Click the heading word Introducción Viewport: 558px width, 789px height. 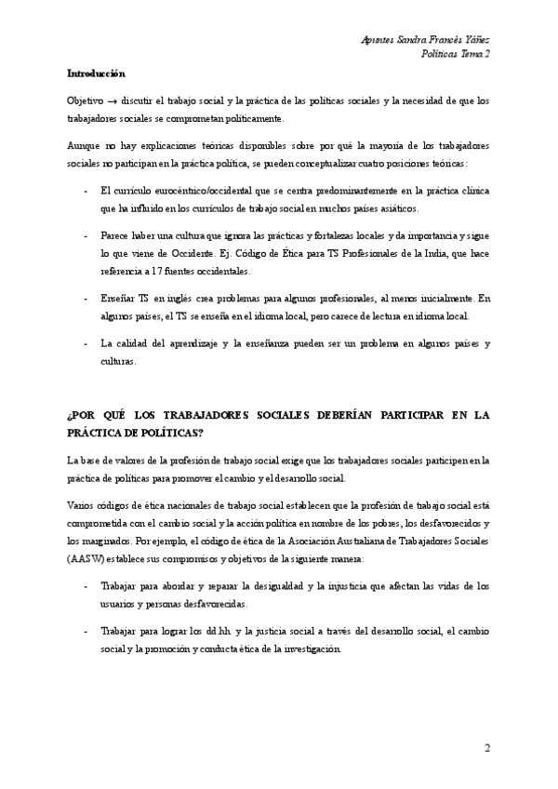click(97, 74)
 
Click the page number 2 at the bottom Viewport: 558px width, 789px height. click(486, 748)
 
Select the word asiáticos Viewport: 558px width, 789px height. click(393, 209)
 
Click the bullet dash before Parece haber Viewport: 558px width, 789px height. click(86, 236)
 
